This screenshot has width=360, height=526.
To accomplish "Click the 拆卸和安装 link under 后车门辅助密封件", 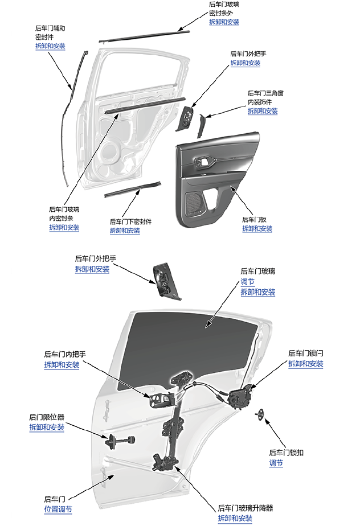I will pyautogui.click(x=50, y=46).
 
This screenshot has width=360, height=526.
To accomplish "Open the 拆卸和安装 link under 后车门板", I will pyautogui.click(x=257, y=229).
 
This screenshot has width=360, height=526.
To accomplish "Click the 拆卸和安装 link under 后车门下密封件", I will pyautogui.click(x=125, y=231).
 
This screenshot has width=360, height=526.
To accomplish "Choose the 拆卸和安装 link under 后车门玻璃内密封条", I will pyautogui.click(x=64, y=228).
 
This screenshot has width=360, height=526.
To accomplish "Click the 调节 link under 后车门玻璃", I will pyautogui.click(x=247, y=282).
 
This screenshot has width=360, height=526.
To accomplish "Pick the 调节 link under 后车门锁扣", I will pyautogui.click(x=276, y=463).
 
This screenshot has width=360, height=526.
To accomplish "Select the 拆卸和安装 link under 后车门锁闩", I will pyautogui.click(x=306, y=364).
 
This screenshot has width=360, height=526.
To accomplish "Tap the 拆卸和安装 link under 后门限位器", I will pyautogui.click(x=47, y=428).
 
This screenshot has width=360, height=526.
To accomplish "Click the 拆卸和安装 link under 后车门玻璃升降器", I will pyautogui.click(x=235, y=518).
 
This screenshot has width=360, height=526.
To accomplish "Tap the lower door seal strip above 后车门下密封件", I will pyautogui.click(x=133, y=189).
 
